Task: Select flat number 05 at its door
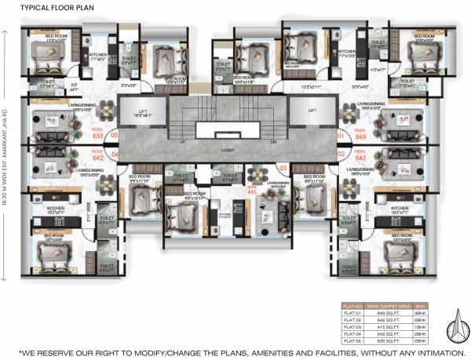tap(114, 135)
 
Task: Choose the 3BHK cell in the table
tap(421, 311)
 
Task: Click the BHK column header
tap(421, 305)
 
